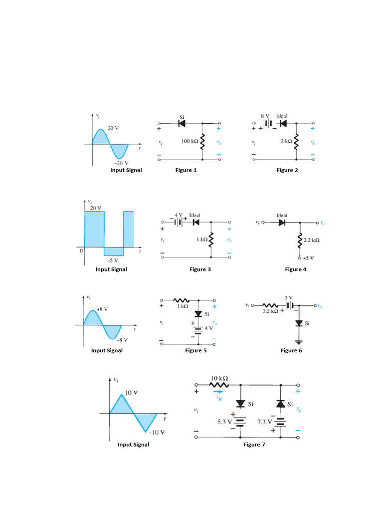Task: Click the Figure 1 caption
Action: tap(186, 170)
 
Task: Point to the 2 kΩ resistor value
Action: tap(286, 141)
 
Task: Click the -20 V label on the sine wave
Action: tap(120, 163)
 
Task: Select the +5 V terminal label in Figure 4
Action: tap(309, 258)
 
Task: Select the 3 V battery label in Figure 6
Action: tap(289, 298)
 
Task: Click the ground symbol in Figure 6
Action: tap(299, 342)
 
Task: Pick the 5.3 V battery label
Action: tap(225, 422)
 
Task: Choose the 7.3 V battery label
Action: tap(265, 422)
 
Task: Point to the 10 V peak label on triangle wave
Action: tap(131, 393)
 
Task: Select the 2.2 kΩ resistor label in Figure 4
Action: tap(312, 240)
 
